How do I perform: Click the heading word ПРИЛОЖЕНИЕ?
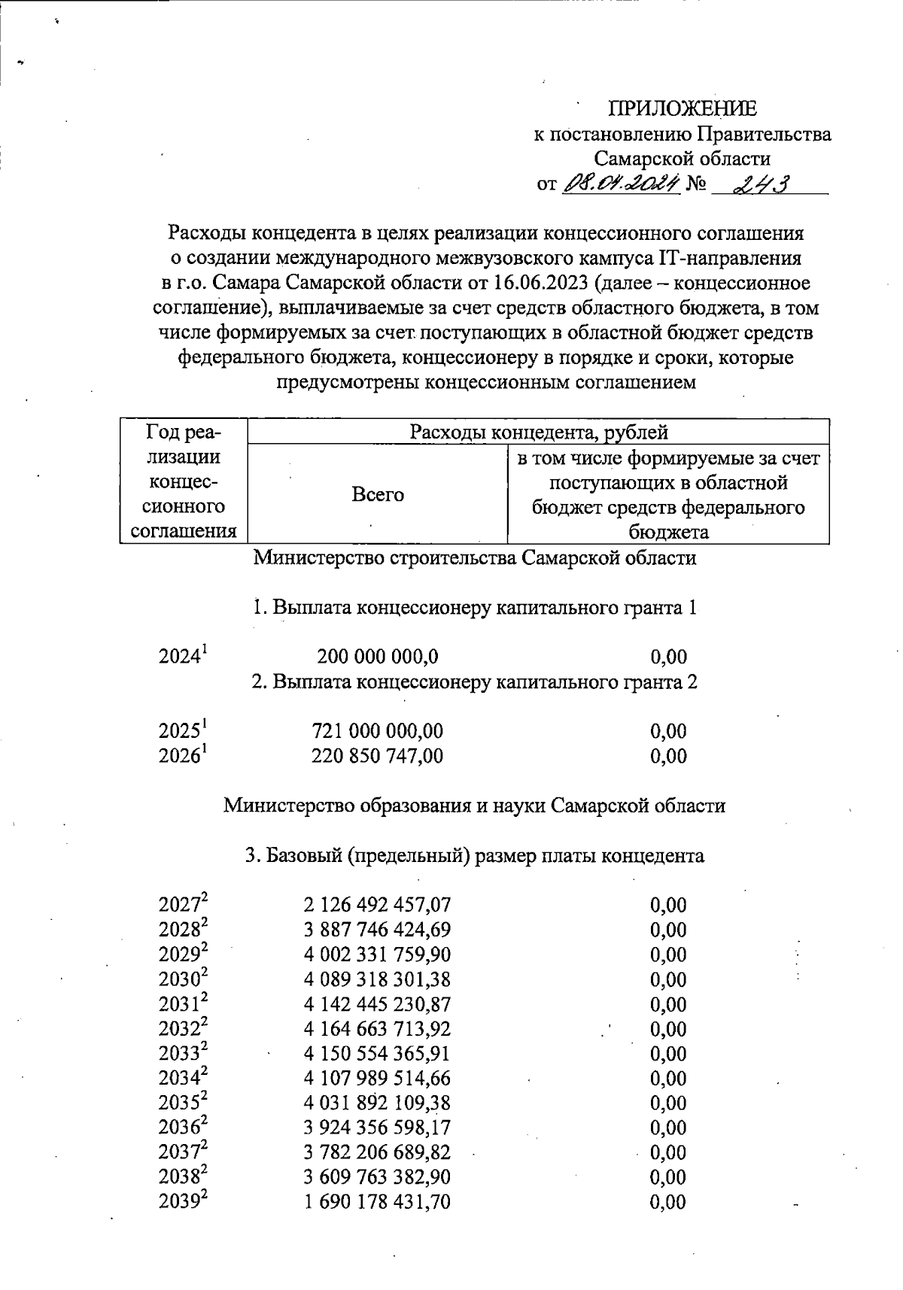coord(683,109)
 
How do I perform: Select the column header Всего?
coord(378,494)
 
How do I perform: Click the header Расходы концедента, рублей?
coord(538,432)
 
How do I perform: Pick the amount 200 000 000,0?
coord(378,657)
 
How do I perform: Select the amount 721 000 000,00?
coord(378,730)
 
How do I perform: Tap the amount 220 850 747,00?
coord(378,755)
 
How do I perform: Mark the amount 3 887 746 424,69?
coord(378,930)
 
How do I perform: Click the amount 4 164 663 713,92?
coord(378,1029)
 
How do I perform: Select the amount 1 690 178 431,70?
coord(378,1202)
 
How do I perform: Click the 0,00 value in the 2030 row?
coord(668,979)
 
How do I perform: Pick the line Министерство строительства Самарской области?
coord(475,558)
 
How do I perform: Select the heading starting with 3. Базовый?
coord(475,856)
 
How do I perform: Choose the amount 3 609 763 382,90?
coord(378,1177)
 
